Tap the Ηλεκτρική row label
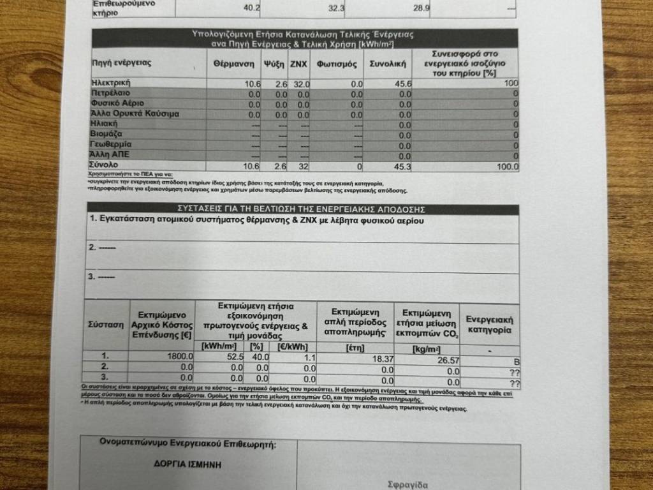click(112, 83)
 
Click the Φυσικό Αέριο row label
click(118, 103)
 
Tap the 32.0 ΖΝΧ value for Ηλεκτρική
click(301, 84)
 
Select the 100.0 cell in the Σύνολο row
click(508, 167)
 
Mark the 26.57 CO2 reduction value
click(448, 360)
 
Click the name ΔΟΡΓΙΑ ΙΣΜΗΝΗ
click(188, 464)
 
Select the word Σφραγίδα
click(407, 484)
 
